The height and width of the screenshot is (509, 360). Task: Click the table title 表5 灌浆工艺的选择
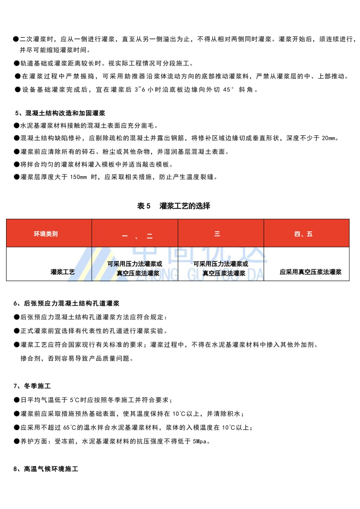pos(173,206)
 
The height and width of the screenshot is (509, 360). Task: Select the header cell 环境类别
pos(46,234)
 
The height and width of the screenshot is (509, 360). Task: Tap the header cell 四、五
pos(303,234)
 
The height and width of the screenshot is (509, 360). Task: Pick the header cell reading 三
pos(217,234)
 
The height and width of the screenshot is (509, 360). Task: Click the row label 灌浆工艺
pos(62,272)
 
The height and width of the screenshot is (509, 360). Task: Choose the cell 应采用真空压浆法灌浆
pos(310,272)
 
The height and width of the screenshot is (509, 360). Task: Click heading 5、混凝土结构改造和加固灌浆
pos(60,113)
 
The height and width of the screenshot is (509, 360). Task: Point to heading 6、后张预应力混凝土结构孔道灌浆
pos(67,303)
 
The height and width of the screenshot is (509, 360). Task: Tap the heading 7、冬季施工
pos(32,386)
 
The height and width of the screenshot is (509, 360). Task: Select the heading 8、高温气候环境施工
pos(46,469)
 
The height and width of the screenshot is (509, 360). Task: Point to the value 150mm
pos(78,177)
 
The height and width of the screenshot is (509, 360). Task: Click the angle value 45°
pos(229,90)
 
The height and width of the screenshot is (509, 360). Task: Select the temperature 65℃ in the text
pos(69,428)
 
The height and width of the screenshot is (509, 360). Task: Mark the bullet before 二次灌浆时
pos(16,39)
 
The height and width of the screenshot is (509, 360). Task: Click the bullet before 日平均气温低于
pos(17,400)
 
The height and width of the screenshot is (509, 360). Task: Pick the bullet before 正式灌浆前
pos(17,331)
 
